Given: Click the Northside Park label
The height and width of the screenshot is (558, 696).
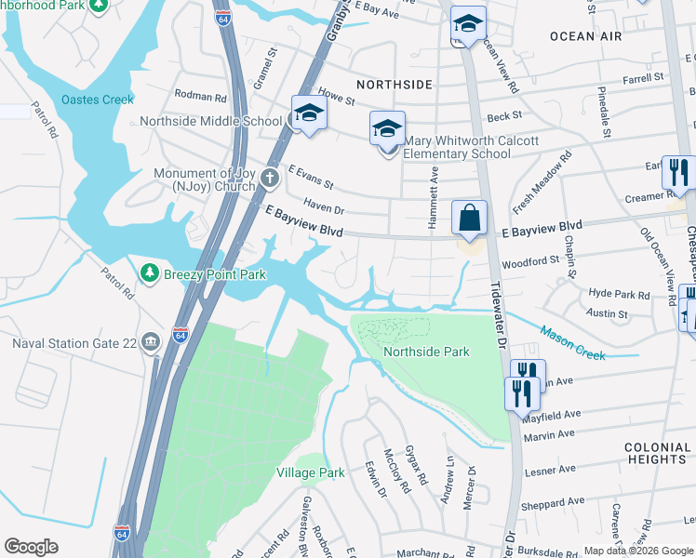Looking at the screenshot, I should click(426, 352).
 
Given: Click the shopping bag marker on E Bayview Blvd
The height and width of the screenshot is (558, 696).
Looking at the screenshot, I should click(471, 219).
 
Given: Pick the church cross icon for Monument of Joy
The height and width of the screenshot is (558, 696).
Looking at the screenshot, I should click(270, 177).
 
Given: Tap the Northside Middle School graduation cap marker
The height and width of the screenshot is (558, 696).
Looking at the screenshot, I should click(308, 113).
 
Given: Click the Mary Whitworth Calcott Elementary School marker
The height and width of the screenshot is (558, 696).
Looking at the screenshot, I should click(387, 129).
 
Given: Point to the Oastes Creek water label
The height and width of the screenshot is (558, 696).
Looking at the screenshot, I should click(98, 100).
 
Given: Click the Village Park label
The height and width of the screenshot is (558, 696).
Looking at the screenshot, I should click(311, 472).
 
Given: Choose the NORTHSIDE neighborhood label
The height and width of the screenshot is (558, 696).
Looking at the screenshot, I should click(395, 85).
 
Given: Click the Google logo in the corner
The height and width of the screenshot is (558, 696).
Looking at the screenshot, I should click(31, 547).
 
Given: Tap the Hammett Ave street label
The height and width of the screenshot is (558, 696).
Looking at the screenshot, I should click(434, 184).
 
